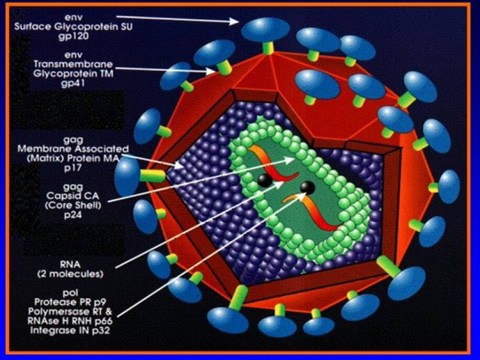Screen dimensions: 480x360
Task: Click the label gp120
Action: (x=73, y=36)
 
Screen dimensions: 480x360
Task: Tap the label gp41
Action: (x=73, y=83)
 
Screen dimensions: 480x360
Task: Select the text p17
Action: (x=73, y=168)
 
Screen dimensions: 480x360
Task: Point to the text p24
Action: (x=73, y=214)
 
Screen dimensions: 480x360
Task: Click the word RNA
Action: (x=70, y=264)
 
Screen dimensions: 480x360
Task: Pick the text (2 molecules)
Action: (x=70, y=274)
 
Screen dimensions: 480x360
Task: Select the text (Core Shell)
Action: (x=73, y=205)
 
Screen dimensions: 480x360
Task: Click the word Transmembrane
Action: (x=73, y=64)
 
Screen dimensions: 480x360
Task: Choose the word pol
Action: (x=70, y=292)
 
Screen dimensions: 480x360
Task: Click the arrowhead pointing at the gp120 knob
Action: (x=234, y=21)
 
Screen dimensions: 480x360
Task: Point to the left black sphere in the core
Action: (x=265, y=180)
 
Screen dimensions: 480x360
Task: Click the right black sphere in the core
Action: (x=308, y=188)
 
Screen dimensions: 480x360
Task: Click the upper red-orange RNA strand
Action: (x=273, y=165)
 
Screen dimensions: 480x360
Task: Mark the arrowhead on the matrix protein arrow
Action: (x=179, y=165)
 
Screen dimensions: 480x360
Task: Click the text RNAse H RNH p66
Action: (x=70, y=321)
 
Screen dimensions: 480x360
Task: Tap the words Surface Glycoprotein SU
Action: (x=73, y=26)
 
